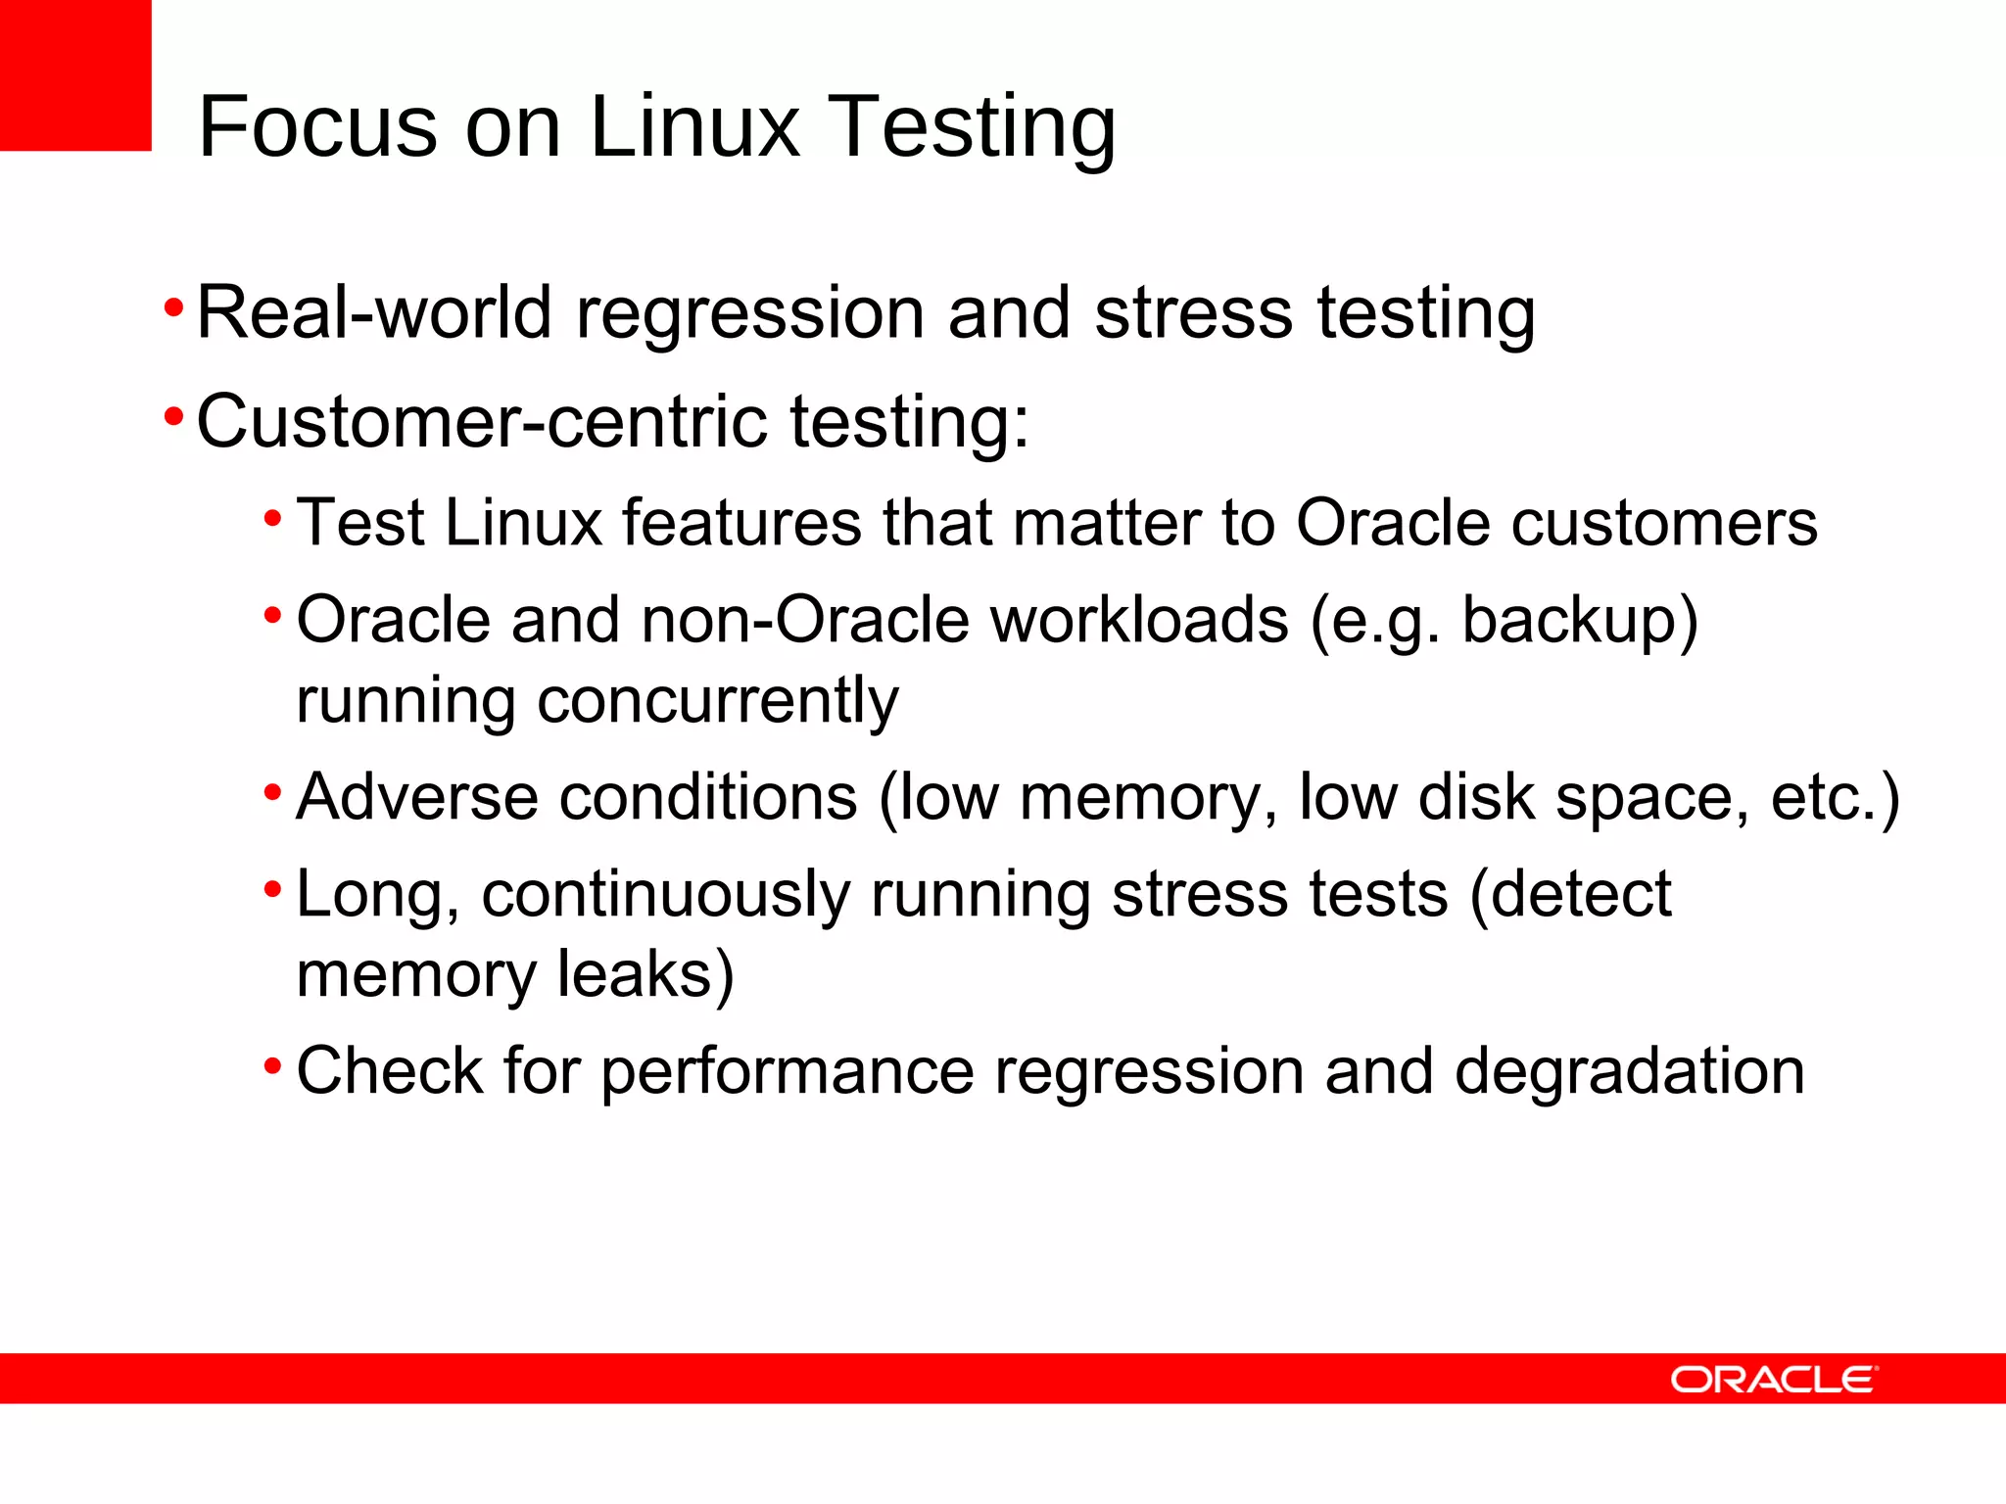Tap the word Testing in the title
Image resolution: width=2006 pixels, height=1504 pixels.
pyautogui.click(x=975, y=128)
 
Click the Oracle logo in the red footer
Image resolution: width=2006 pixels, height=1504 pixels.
pyautogui.click(x=1774, y=1380)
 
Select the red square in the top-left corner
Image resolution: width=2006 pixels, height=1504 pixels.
pyautogui.click(x=75, y=75)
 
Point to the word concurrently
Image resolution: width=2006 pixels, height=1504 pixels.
pyautogui.click(x=717, y=701)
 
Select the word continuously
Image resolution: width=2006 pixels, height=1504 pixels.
pyautogui.click(x=666, y=896)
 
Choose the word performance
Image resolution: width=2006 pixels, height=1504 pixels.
pyautogui.click(x=788, y=1071)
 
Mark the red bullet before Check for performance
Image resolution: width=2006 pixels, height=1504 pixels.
pyautogui.click(x=273, y=1064)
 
